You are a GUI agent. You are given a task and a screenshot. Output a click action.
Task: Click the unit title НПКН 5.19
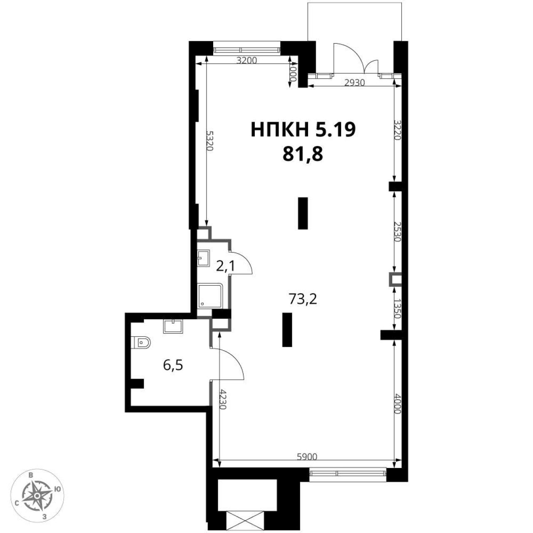(303, 130)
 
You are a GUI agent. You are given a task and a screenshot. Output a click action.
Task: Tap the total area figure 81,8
(303, 154)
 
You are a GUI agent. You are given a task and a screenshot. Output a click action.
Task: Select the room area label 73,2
(303, 299)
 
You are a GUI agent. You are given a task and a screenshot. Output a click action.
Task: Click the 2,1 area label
(225, 266)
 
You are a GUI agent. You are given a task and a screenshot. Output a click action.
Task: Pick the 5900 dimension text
(306, 457)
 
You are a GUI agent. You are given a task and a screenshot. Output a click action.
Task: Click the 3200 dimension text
(247, 60)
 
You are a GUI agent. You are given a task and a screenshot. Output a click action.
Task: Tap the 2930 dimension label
(355, 82)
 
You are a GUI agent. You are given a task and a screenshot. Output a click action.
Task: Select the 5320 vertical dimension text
(210, 140)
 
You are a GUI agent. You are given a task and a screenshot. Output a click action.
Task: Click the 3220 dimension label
(398, 130)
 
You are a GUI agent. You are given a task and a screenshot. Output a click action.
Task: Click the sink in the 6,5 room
(173, 326)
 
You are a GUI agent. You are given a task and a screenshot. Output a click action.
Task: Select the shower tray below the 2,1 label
(210, 296)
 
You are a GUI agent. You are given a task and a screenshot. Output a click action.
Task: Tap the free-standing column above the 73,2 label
(303, 213)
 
